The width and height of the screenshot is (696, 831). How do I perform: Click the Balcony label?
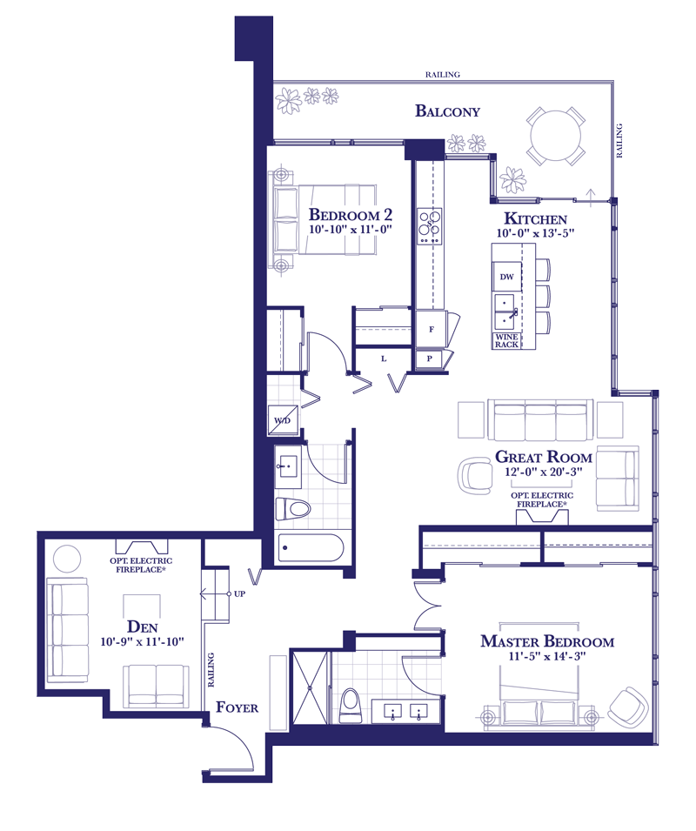tap(447, 111)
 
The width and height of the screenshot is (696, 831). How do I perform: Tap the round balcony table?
tap(556, 136)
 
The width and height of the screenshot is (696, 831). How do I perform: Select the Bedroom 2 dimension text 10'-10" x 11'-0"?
tap(350, 230)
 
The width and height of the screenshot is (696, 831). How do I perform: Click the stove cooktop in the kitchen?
tap(430, 226)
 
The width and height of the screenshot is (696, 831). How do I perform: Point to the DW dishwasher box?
tap(507, 277)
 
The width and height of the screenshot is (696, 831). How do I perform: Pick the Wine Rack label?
tap(507, 341)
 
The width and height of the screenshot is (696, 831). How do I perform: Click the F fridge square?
tap(432, 329)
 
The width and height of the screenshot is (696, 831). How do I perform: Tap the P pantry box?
tap(430, 359)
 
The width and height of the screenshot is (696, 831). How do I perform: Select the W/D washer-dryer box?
tap(283, 421)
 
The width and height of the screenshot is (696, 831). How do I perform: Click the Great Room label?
tap(544, 457)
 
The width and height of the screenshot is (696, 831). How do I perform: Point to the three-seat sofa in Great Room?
tap(540, 419)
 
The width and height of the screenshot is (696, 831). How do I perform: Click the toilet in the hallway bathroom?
tap(293, 509)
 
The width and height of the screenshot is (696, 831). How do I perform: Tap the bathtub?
tap(311, 547)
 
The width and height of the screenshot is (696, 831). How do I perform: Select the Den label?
tap(143, 627)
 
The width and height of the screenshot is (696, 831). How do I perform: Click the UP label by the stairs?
tap(239, 594)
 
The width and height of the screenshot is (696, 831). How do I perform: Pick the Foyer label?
tap(238, 707)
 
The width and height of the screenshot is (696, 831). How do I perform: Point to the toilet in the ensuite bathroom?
tap(350, 706)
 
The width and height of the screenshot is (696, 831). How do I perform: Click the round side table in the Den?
tap(67, 559)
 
